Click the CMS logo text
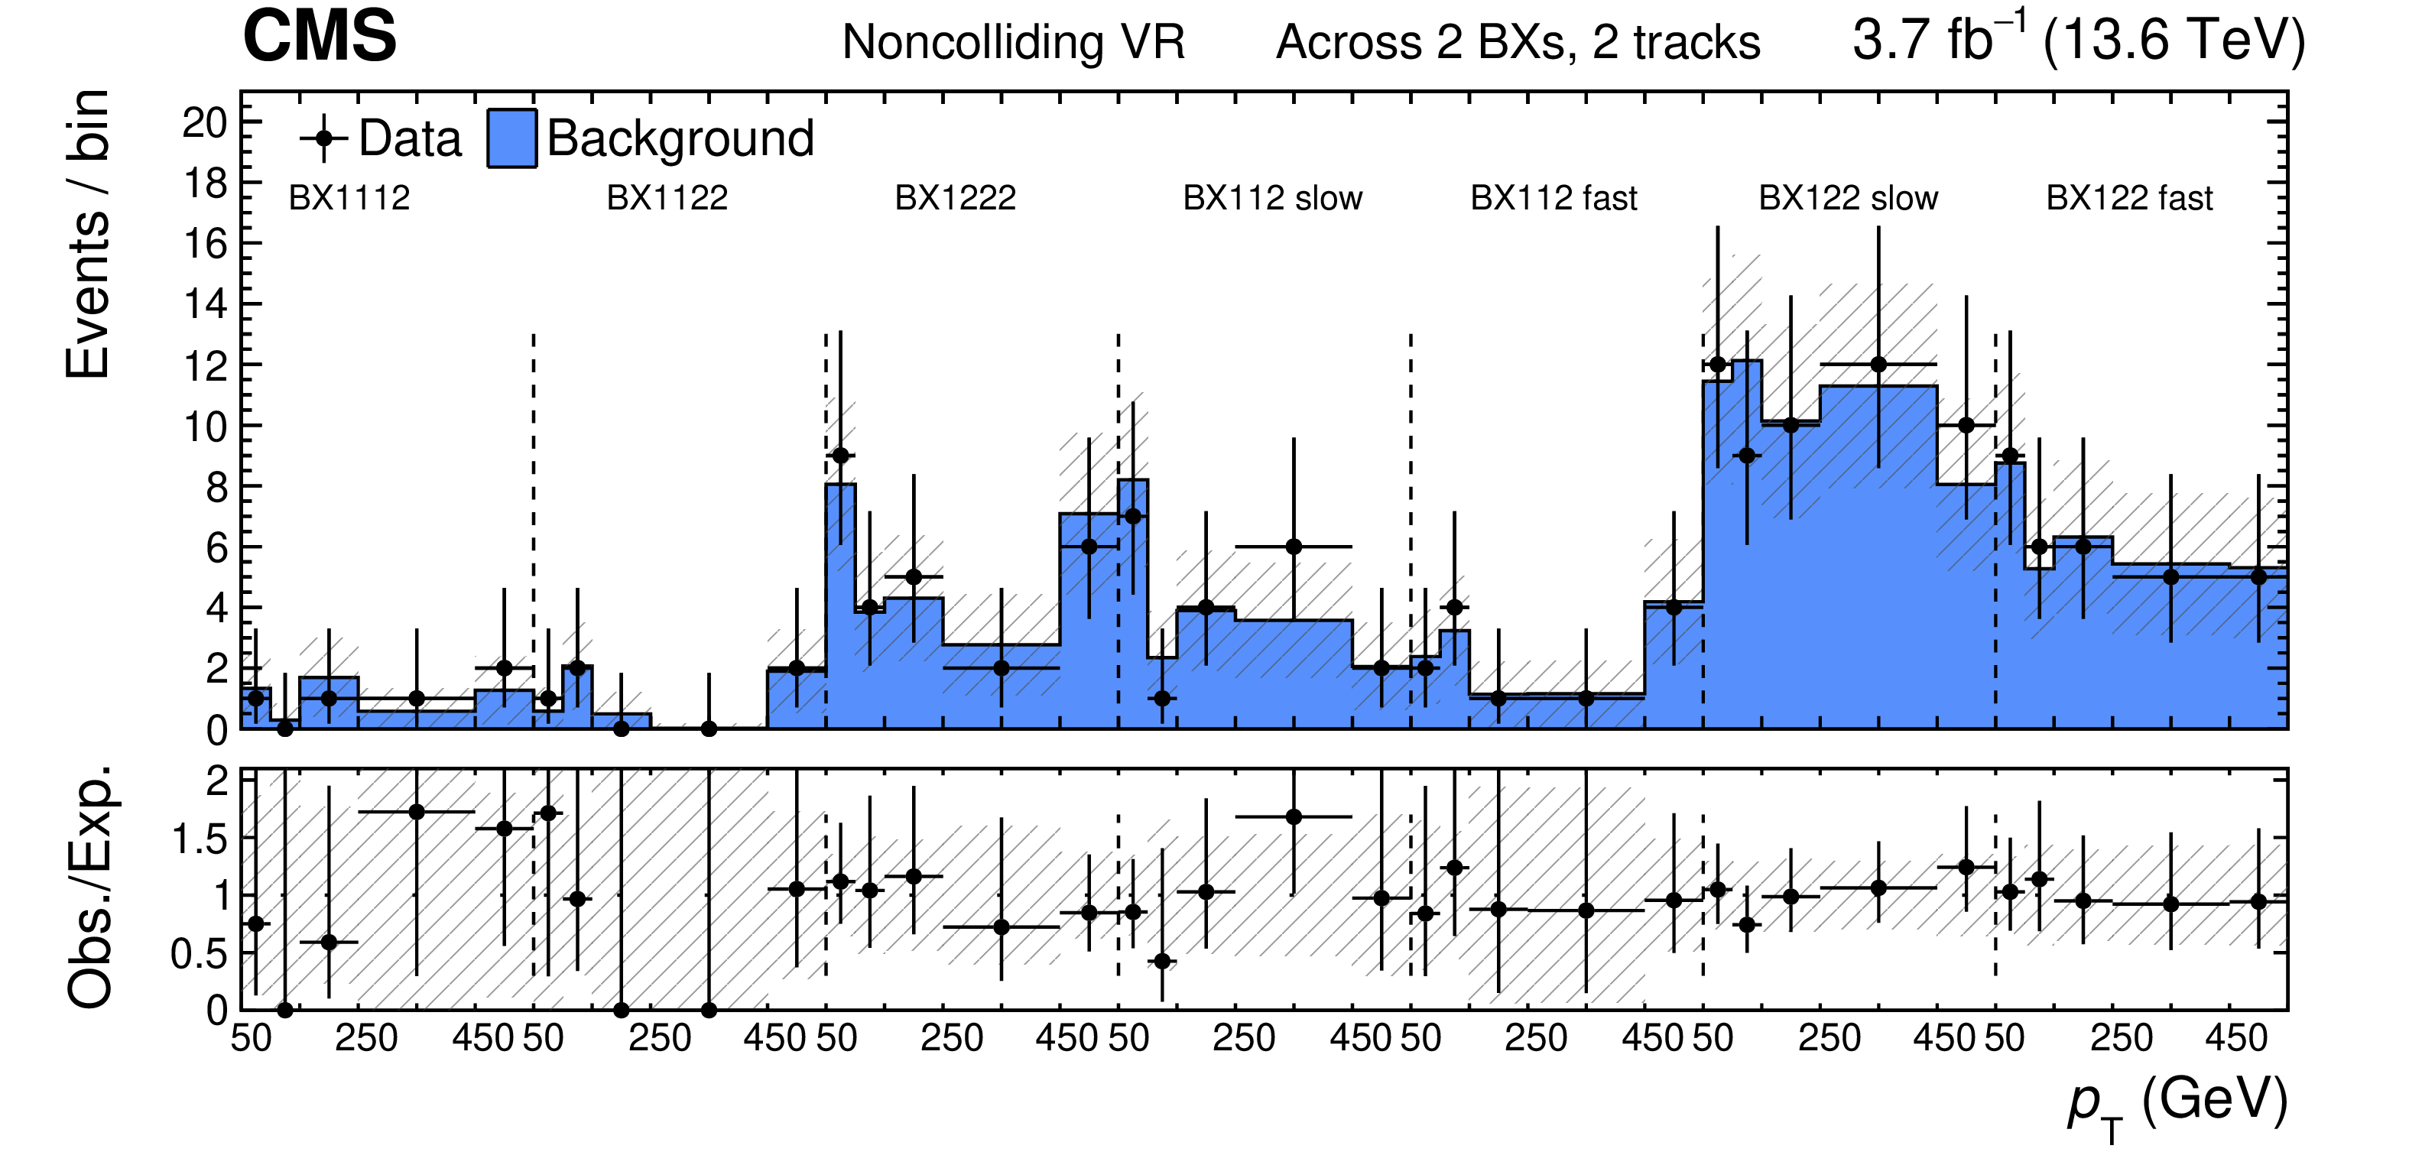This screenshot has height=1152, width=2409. (x=319, y=37)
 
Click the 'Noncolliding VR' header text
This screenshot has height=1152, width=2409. (x=1013, y=43)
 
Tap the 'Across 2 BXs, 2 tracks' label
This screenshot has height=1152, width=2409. (x=1518, y=43)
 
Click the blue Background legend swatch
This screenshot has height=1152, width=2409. (x=511, y=138)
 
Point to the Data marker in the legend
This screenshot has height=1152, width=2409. (x=323, y=139)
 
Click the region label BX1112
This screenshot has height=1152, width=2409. (x=349, y=198)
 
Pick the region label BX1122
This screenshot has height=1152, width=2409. (x=667, y=198)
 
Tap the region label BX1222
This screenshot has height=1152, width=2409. (x=955, y=198)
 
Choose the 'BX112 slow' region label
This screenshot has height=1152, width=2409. (x=1272, y=198)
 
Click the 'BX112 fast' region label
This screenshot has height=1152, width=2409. (x=1554, y=198)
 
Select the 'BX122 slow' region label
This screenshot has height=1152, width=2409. (x=1848, y=198)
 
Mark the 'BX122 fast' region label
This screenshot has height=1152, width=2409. (x=2129, y=198)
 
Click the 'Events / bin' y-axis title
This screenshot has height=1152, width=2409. (x=88, y=234)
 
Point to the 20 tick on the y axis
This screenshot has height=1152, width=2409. (x=205, y=122)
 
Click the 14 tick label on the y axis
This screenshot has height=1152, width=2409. (x=205, y=305)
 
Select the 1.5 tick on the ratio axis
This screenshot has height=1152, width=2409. (x=200, y=839)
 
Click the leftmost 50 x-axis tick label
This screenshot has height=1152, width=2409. (x=251, y=1039)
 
